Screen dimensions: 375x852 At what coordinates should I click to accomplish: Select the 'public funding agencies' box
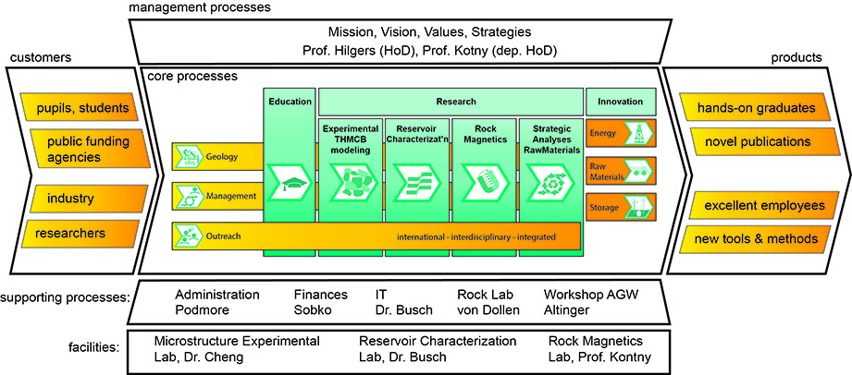(x=80, y=150)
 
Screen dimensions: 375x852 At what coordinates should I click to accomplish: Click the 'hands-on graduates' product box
(x=758, y=107)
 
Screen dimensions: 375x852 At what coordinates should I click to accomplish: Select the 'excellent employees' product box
(x=758, y=204)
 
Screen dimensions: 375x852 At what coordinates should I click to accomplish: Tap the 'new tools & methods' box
(x=758, y=239)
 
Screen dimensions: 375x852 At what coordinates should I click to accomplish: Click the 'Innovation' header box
(x=620, y=100)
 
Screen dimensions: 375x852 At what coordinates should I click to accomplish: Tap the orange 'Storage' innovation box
(x=620, y=205)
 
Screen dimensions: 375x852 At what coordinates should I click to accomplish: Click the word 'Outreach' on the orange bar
(x=223, y=236)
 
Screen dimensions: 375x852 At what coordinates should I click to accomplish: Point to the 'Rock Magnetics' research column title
(x=484, y=133)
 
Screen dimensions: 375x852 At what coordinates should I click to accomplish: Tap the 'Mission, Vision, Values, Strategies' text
(x=400, y=30)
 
